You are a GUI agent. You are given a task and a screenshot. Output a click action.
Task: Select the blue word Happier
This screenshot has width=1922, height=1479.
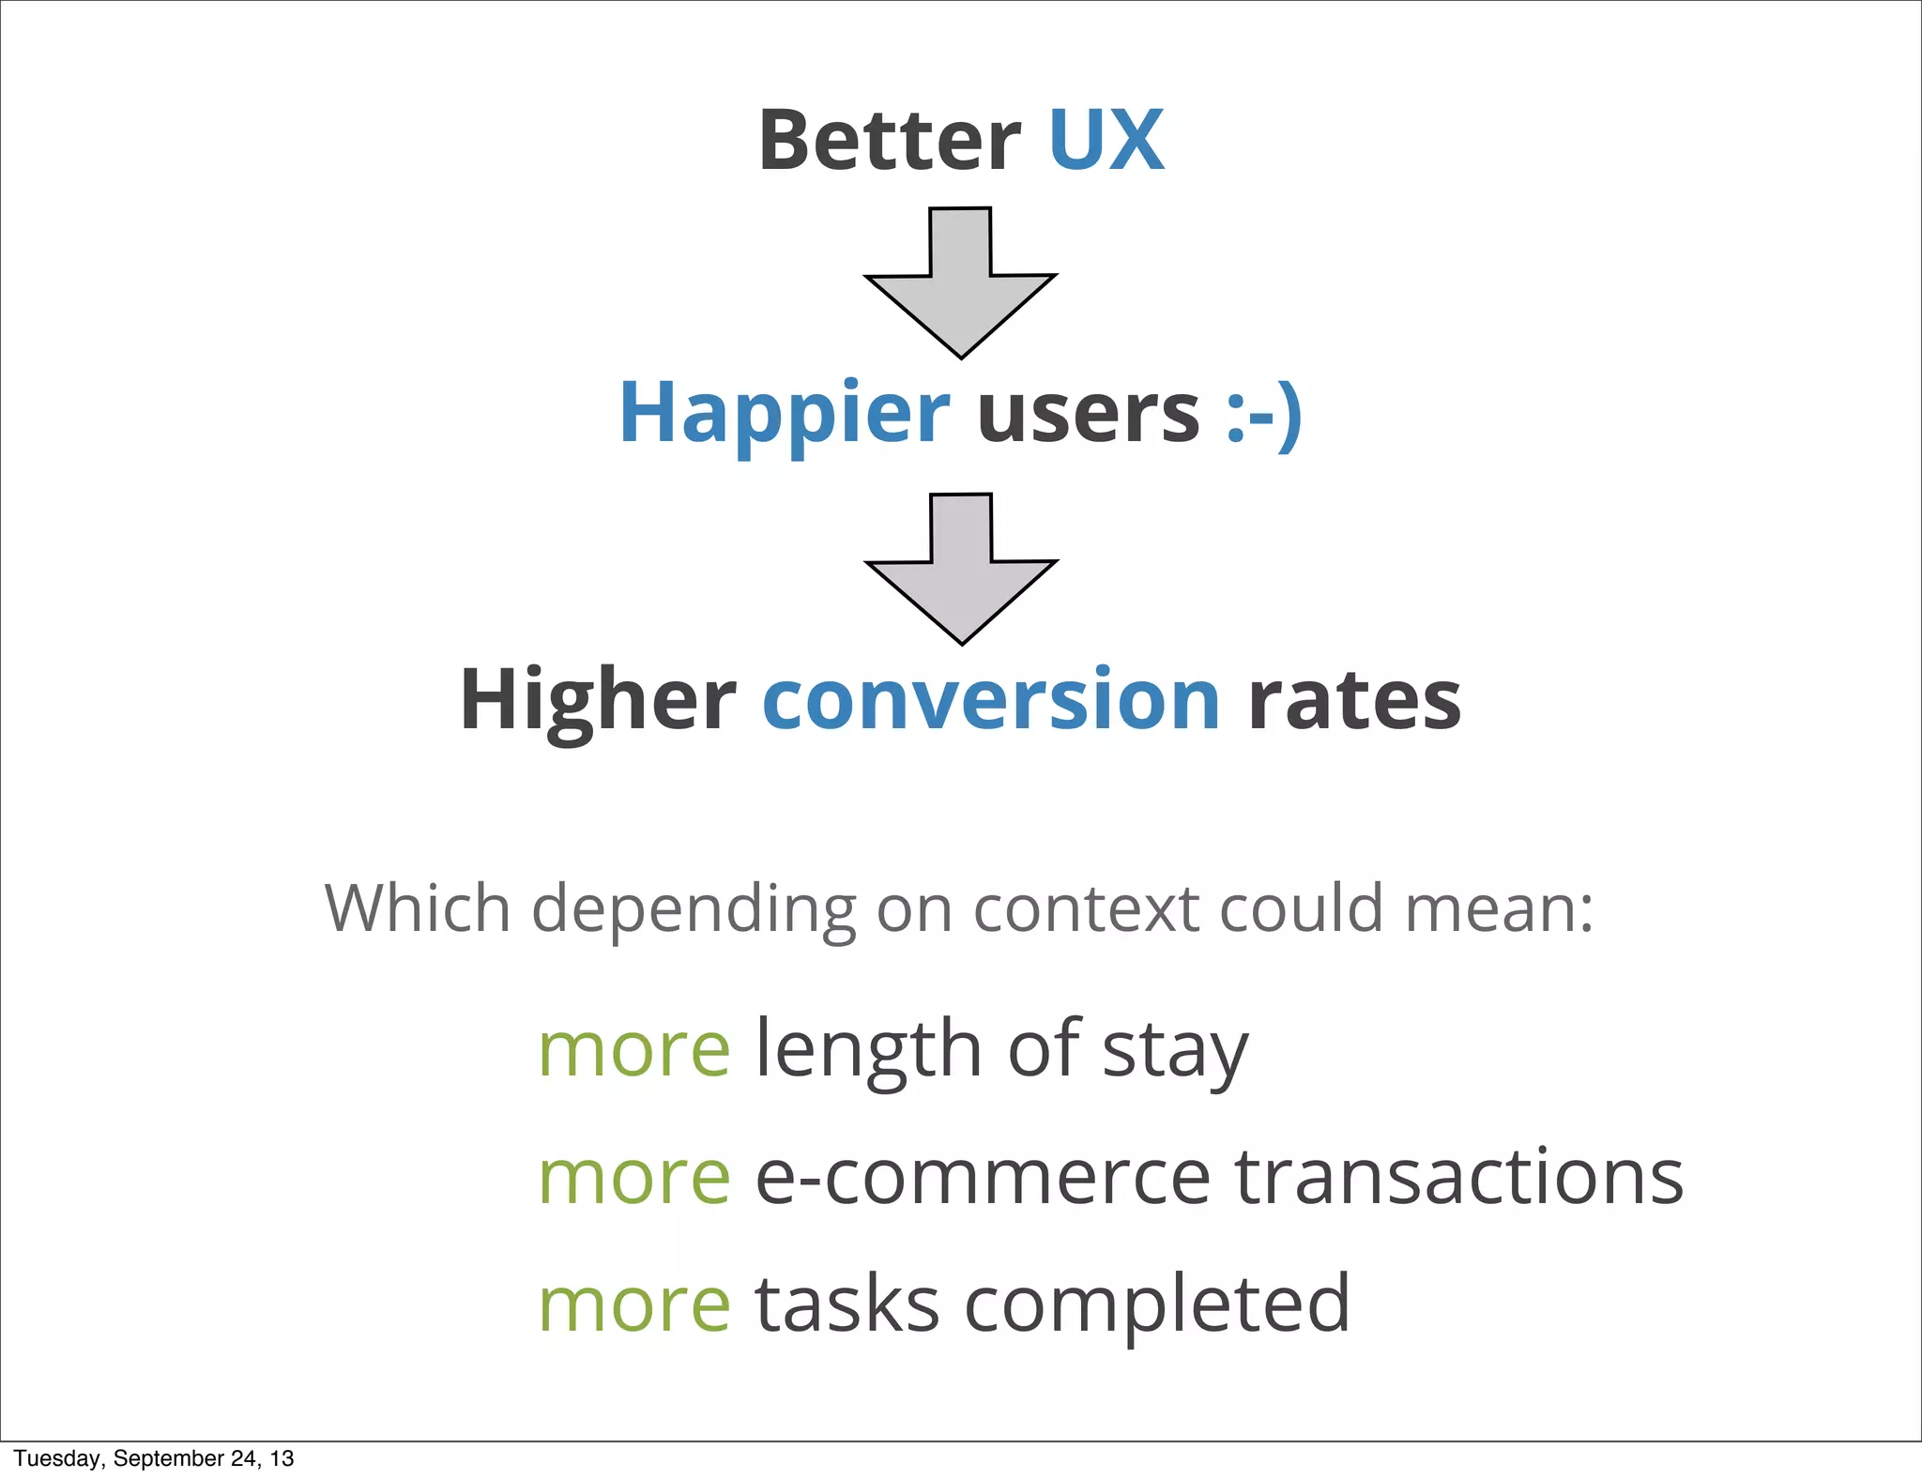[784, 414]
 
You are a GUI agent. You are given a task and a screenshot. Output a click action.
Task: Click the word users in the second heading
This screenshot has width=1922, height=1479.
[1088, 414]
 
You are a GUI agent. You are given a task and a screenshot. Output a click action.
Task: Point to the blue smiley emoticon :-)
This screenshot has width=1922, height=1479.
[1263, 414]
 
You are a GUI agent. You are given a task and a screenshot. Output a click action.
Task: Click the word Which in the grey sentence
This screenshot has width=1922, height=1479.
[418, 908]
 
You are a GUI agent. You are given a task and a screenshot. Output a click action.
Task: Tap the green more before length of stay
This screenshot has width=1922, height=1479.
[634, 1050]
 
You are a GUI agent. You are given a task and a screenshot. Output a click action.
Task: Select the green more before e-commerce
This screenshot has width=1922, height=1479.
[634, 1178]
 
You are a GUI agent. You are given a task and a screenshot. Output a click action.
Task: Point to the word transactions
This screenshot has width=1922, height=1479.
[1458, 1178]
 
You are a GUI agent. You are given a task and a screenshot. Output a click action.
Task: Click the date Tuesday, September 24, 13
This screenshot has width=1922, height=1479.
[154, 1458]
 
